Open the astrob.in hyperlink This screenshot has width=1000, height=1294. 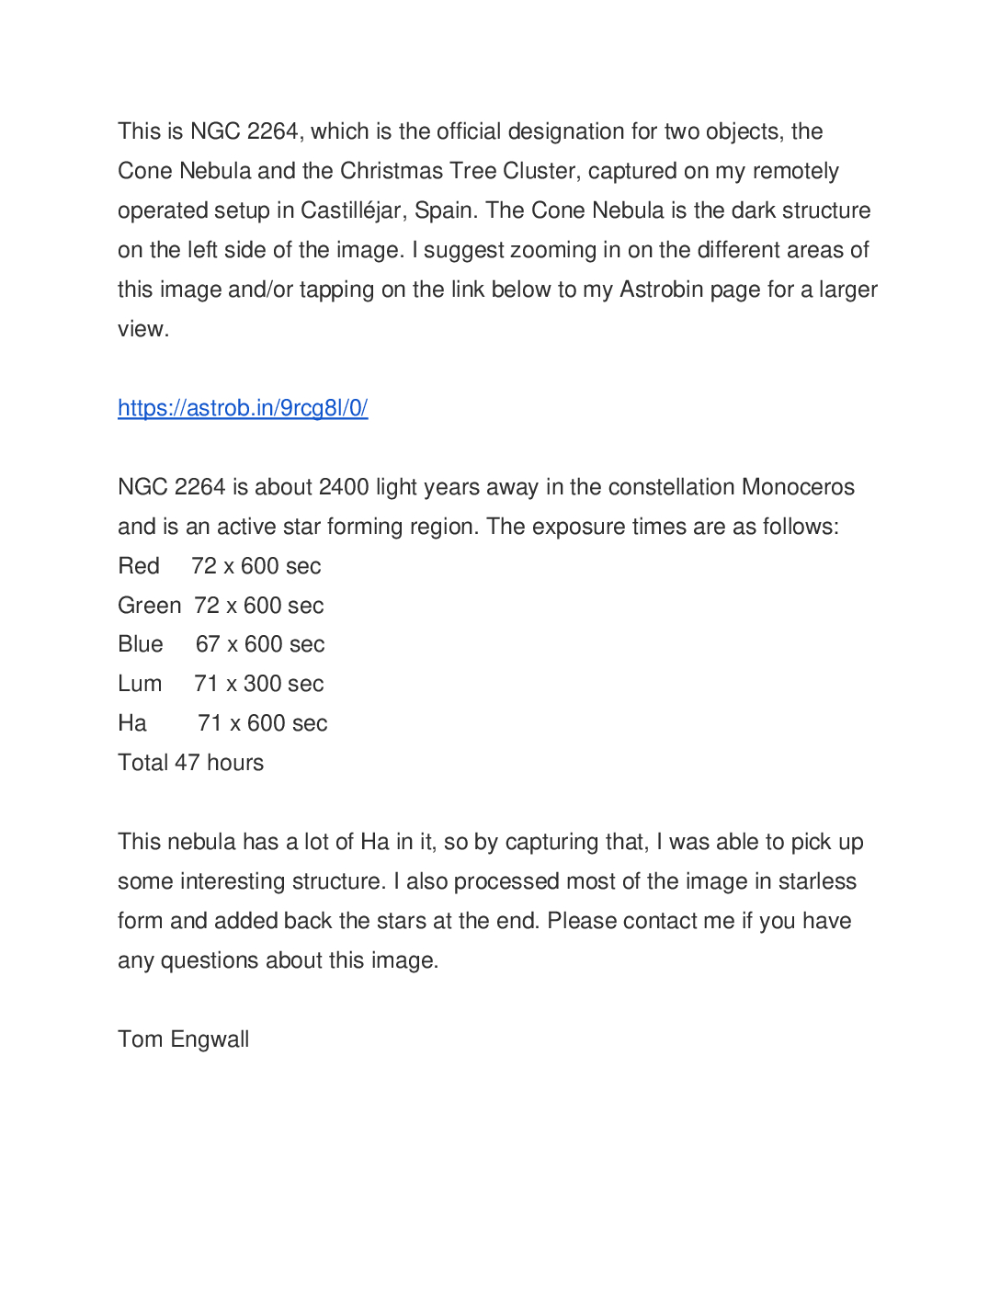pyautogui.click(x=243, y=408)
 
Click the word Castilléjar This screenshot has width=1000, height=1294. pyautogui.click(x=351, y=210)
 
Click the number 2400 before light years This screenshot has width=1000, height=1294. pyautogui.click(x=344, y=487)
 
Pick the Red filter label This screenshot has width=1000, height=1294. pyautogui.click(x=139, y=566)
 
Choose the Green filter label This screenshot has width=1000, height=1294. pyautogui.click(x=149, y=606)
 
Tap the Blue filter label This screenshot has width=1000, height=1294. pyautogui.click(x=141, y=644)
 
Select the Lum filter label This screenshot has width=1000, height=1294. pyautogui.click(x=140, y=684)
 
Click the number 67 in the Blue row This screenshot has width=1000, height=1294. pyautogui.click(x=208, y=644)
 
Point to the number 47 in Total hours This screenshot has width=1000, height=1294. pyautogui.click(x=187, y=763)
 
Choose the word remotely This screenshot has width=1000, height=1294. pyautogui.click(x=795, y=171)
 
